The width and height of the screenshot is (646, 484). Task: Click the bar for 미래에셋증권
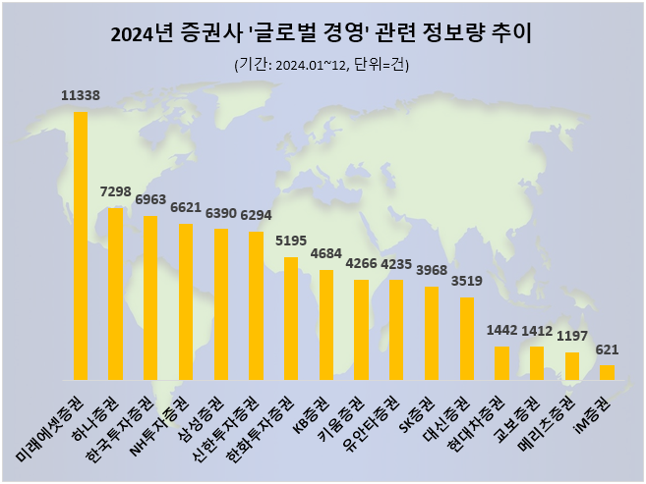[x=81, y=245]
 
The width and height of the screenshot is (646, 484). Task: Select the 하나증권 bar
[x=116, y=294]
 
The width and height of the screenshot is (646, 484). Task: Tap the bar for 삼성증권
[x=221, y=304]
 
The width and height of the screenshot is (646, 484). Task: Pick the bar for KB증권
[x=326, y=325]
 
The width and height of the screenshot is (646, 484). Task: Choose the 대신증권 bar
[x=467, y=339]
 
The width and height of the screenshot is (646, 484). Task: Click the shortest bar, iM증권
[x=608, y=372]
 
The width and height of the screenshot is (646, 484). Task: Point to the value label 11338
[x=81, y=95]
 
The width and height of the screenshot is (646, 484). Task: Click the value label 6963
[x=150, y=199]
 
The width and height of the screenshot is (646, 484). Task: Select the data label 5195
[x=291, y=241]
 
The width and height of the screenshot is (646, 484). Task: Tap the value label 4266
[x=362, y=263]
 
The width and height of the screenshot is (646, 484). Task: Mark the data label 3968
[x=432, y=270]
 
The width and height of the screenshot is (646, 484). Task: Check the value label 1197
[x=572, y=336]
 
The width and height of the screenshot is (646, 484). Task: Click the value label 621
[x=608, y=350]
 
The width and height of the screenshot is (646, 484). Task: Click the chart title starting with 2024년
[x=322, y=36]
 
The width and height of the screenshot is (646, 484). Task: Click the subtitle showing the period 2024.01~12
[x=322, y=66]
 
